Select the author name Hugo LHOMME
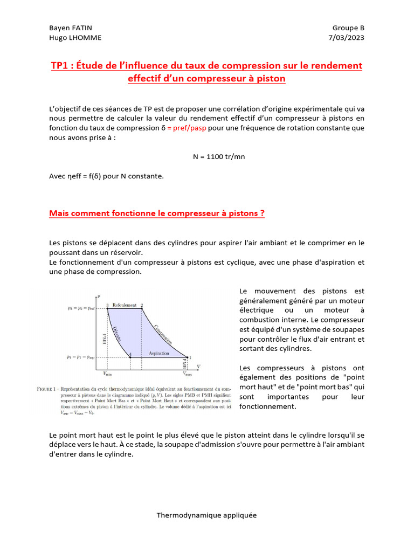click(75, 38)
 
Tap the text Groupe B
click(348, 28)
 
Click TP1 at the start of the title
click(60, 66)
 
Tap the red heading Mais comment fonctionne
click(156, 213)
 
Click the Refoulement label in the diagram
click(124, 305)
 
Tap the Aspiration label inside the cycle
click(159, 353)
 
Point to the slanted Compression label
click(163, 334)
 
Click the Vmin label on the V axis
click(107, 373)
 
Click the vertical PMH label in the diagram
click(105, 339)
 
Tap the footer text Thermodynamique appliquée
click(206, 515)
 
